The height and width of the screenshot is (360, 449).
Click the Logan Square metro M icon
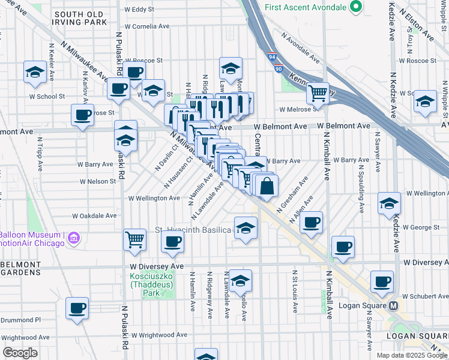point(394,305)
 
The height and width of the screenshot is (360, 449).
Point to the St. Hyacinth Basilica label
point(193,230)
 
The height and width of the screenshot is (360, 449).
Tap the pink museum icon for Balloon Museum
point(74,239)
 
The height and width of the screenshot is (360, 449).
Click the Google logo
point(20,352)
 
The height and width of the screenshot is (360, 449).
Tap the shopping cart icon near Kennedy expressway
point(317,92)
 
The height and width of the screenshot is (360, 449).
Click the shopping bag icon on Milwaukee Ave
point(267,186)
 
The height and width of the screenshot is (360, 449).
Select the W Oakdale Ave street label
point(94,215)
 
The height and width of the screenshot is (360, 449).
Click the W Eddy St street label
point(139,10)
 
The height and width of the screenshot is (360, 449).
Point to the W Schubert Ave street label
point(426,296)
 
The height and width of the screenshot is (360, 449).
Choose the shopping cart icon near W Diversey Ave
point(135,239)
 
